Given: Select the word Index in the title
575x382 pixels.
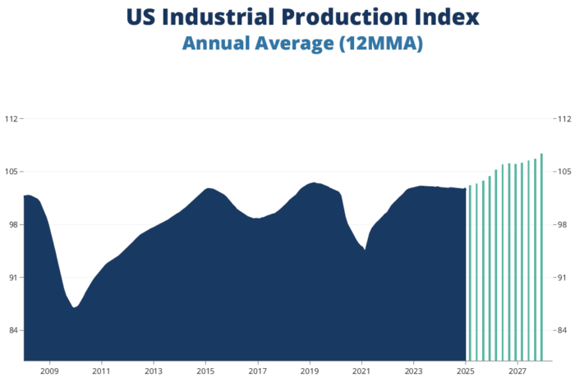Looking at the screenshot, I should (444, 16).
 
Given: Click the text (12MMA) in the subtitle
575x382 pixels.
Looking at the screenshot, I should (379, 44).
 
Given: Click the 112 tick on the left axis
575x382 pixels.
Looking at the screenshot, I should (11, 118).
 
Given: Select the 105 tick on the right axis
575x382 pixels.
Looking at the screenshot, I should (563, 172).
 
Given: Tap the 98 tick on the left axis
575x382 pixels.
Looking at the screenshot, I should (12, 225).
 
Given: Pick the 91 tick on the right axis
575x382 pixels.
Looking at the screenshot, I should (562, 278).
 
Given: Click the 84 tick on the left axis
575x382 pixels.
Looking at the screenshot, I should (12, 331).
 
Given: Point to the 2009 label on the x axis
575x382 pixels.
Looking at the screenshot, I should (49, 371).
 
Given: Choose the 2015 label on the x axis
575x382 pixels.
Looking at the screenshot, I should (205, 371).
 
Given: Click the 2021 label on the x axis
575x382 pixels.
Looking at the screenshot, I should (361, 371).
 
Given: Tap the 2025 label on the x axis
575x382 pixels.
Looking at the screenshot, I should (466, 371).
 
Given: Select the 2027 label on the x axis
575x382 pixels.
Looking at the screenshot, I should (517, 371).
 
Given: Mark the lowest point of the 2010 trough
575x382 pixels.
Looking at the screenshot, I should (75, 307).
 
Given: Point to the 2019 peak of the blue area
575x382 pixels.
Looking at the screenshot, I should (313, 183).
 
